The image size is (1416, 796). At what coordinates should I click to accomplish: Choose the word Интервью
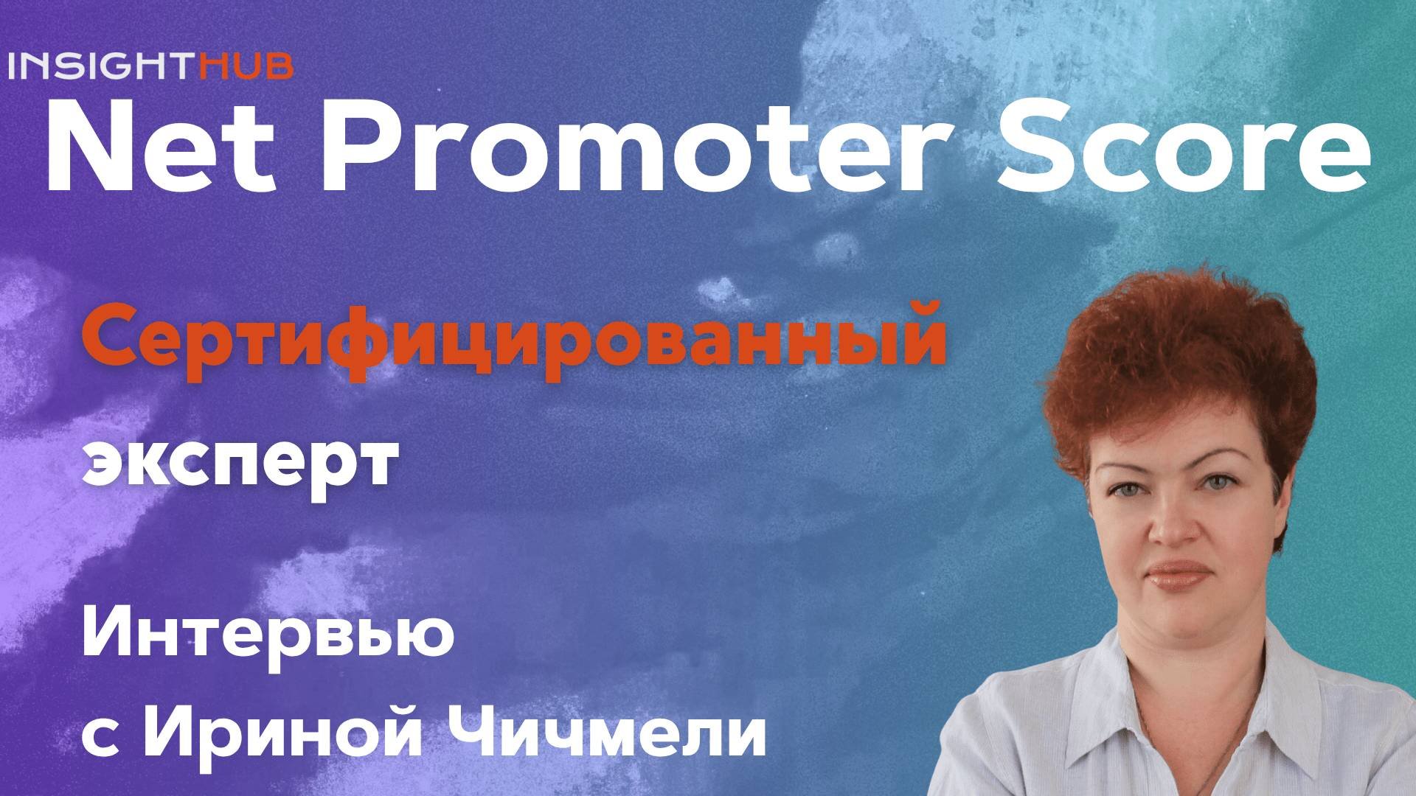266,637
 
